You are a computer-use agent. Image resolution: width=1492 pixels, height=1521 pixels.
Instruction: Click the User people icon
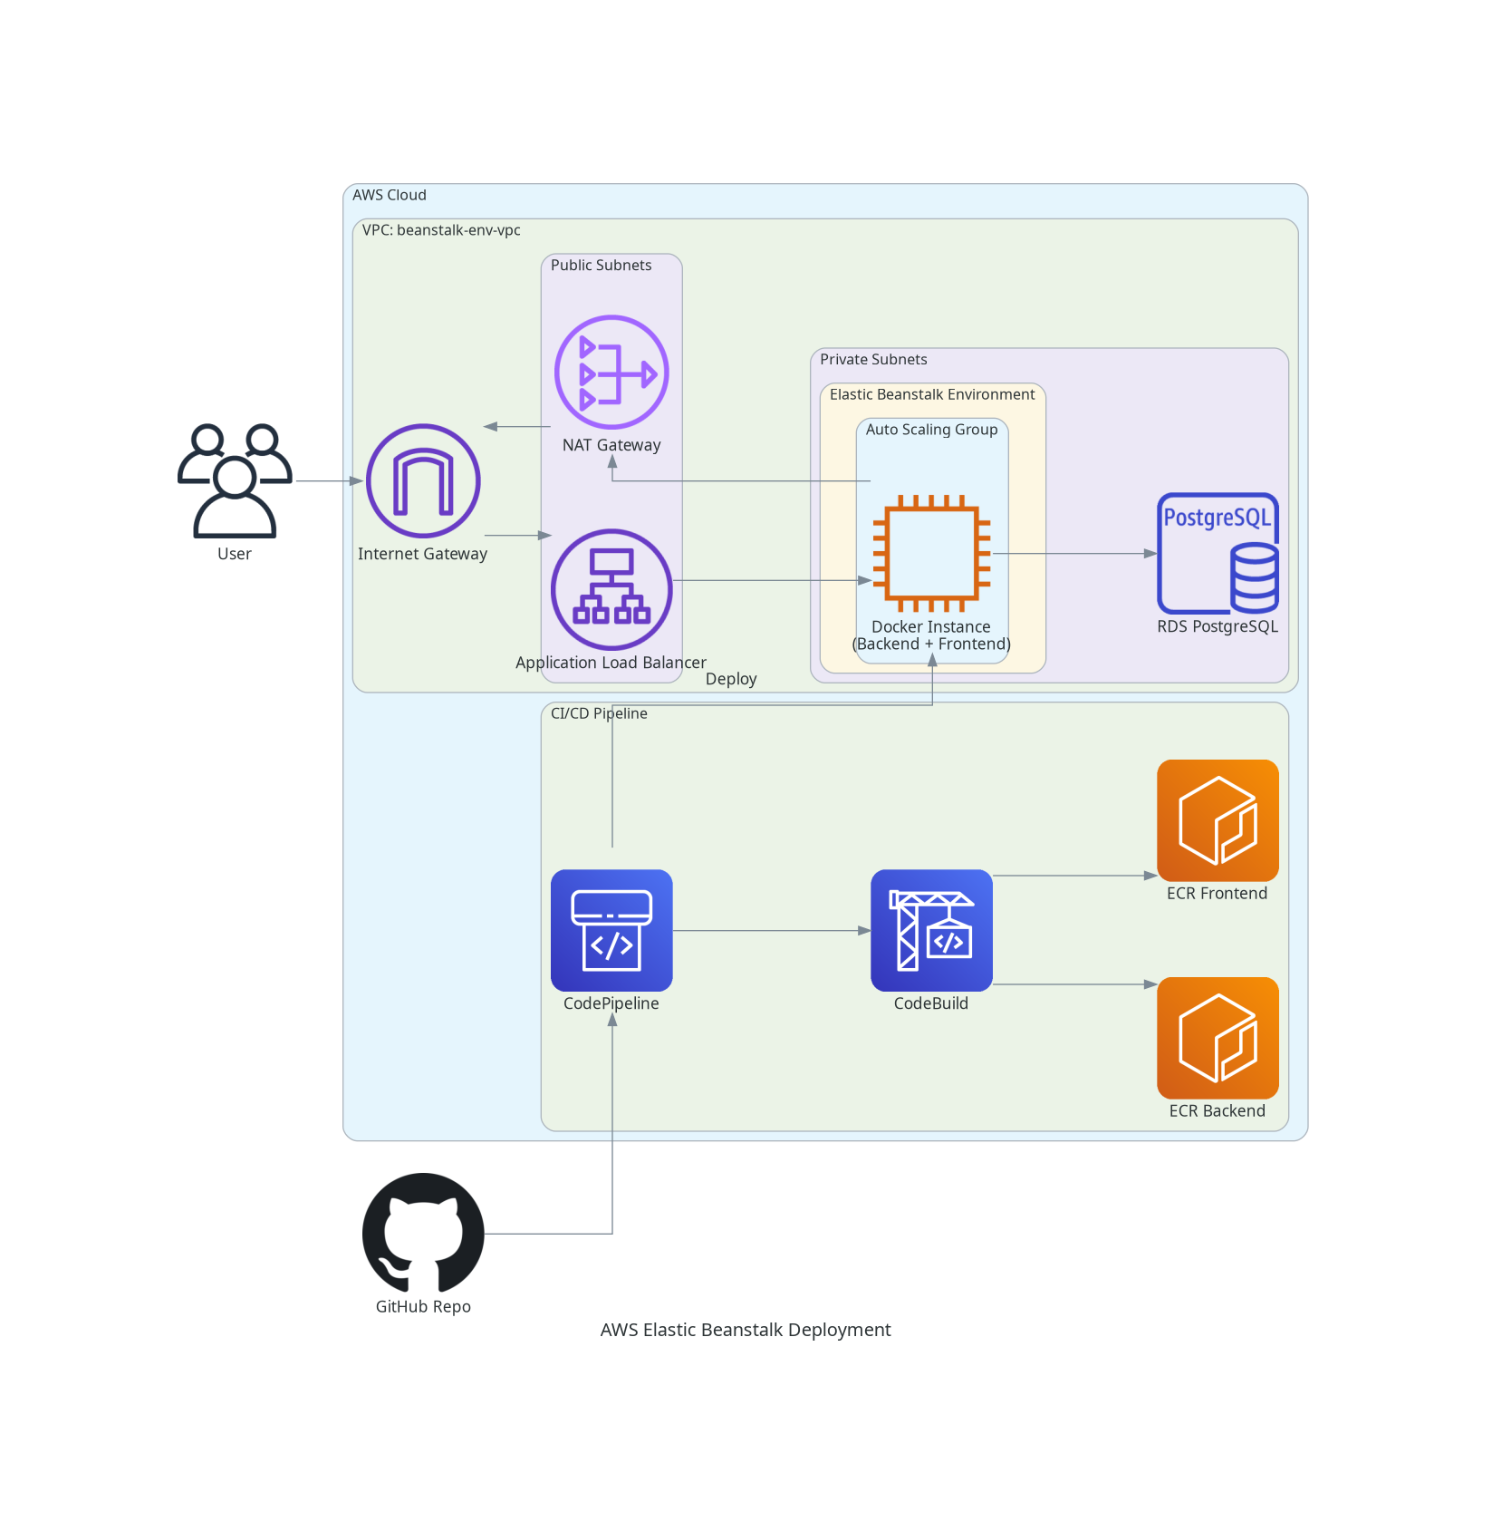coord(235,480)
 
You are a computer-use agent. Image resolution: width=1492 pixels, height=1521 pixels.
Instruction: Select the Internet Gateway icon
coord(423,480)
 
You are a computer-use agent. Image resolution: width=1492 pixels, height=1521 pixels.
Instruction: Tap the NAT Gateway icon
coord(611,372)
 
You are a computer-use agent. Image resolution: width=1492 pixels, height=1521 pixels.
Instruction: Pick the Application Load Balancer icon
coord(611,589)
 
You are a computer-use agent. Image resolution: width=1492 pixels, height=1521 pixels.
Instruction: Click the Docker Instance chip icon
coord(931,553)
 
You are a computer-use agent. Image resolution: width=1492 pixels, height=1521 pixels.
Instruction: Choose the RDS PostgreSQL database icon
coord(1218,553)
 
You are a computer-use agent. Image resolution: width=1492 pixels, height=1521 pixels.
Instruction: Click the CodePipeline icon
coord(611,930)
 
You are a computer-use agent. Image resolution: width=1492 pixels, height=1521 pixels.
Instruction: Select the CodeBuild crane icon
coord(931,930)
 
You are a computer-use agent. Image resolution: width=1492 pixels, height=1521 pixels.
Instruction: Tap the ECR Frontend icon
coord(1218,820)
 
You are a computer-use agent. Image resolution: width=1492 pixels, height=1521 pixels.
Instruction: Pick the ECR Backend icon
coord(1218,1038)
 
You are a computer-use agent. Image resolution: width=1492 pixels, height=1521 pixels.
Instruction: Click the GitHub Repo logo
coord(423,1233)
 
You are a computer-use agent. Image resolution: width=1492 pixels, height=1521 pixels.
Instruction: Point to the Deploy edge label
coord(731,679)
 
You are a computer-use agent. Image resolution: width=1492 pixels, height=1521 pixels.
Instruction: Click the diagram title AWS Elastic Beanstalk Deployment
coord(746,1330)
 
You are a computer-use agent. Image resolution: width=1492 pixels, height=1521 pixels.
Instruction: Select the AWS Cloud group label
coord(390,195)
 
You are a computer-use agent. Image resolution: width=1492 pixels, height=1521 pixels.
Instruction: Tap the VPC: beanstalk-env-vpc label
coord(441,230)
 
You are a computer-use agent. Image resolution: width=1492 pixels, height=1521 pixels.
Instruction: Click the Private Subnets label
coord(873,360)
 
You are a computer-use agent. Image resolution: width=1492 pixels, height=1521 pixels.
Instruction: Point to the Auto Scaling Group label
coord(931,430)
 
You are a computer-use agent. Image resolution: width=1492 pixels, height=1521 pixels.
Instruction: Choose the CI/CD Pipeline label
coord(599,713)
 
